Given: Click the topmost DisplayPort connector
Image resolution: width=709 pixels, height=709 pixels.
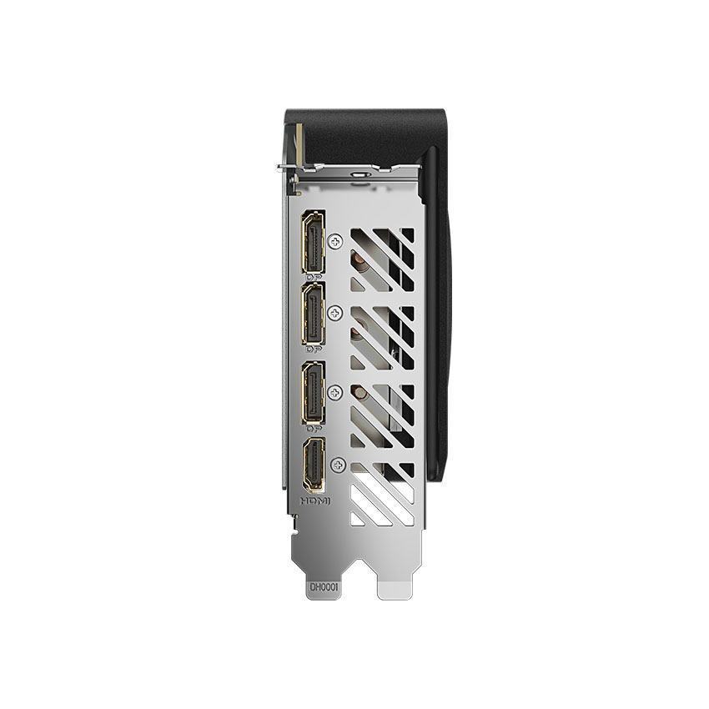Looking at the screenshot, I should [313, 240].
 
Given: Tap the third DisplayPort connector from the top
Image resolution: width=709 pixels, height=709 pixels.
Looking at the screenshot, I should [313, 392].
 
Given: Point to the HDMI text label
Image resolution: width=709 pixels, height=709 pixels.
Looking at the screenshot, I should [314, 501].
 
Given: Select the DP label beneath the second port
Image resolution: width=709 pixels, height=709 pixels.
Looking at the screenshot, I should [314, 350].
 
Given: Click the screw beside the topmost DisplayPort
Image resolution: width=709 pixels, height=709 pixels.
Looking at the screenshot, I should [336, 241].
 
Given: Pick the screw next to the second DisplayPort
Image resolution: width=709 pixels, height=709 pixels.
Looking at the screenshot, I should [336, 314].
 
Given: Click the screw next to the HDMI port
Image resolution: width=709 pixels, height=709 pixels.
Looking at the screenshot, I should [337, 465].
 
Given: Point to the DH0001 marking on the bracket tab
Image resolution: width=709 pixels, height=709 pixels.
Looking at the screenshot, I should [324, 587].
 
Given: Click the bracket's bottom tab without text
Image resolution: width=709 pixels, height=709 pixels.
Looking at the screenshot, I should [394, 584].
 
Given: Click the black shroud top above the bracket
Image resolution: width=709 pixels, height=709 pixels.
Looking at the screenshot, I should [359, 125].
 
